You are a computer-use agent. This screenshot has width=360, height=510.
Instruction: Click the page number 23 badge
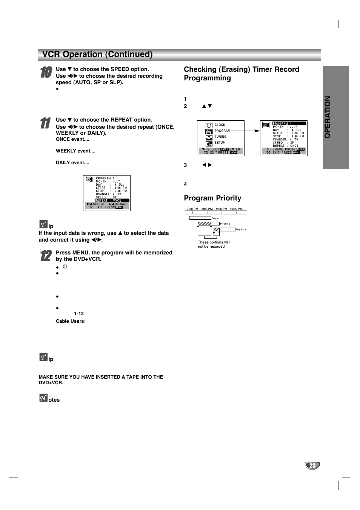coord(312,465)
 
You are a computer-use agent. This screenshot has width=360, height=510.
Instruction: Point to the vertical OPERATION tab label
coord(328,117)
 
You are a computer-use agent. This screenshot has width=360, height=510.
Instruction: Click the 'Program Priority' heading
coord(212,198)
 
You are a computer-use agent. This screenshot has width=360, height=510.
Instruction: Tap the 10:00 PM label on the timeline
coord(236,209)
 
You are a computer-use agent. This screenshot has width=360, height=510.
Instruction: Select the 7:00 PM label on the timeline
coord(192,209)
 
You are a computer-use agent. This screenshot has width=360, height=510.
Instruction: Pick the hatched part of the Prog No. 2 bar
coord(204,223)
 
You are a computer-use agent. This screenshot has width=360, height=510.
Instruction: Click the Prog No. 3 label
coord(241,229)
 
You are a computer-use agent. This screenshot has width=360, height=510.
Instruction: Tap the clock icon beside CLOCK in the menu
coord(209,125)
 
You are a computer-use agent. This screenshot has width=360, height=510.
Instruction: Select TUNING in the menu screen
coord(221,137)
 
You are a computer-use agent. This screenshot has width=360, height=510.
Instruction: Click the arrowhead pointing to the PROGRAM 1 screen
coord(257,131)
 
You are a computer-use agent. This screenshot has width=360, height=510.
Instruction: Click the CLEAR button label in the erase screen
coord(300,149)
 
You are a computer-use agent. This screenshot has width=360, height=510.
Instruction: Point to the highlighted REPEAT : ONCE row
coord(112,200)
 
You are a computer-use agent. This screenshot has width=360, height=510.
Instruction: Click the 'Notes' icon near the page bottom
coord(43,398)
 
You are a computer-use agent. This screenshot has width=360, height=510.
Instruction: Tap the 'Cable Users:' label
coord(71,321)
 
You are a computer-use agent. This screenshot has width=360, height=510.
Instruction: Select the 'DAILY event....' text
coord(72,163)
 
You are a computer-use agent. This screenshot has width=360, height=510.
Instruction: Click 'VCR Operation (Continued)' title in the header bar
coord(97,54)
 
